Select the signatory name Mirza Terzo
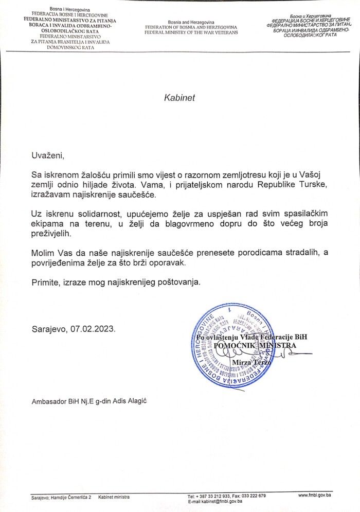coord(251,363)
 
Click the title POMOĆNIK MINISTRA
coord(256,345)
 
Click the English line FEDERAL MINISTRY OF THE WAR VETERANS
coord(191,32)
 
